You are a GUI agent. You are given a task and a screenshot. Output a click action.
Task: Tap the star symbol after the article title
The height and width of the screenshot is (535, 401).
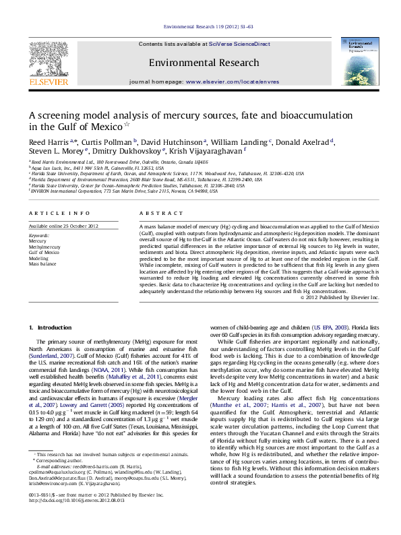pyautogui.click(x=127, y=125)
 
